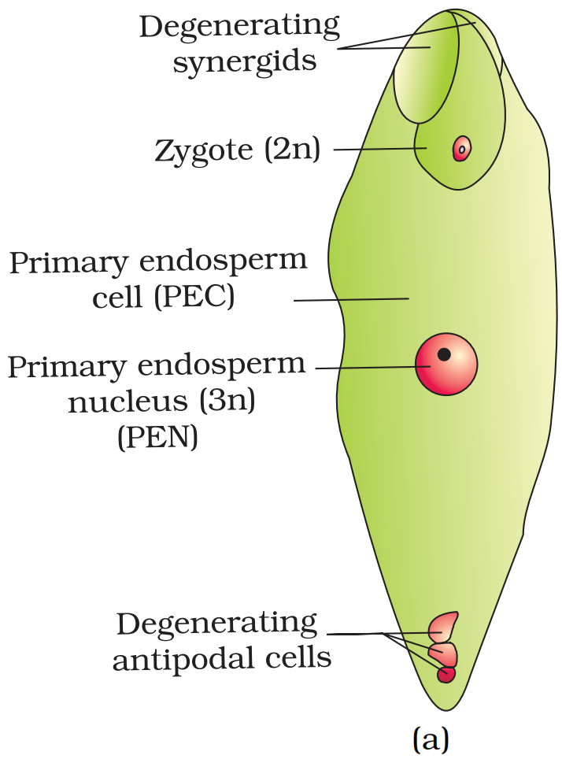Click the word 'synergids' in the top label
(x=245, y=61)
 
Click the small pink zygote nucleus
(x=462, y=148)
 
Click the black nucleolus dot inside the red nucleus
(x=444, y=354)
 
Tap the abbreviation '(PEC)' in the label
(x=194, y=298)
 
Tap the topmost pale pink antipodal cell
(x=444, y=626)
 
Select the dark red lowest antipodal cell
(x=446, y=675)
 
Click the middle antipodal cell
(x=444, y=653)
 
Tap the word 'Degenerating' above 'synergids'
(x=239, y=26)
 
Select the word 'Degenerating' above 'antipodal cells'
(x=216, y=624)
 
